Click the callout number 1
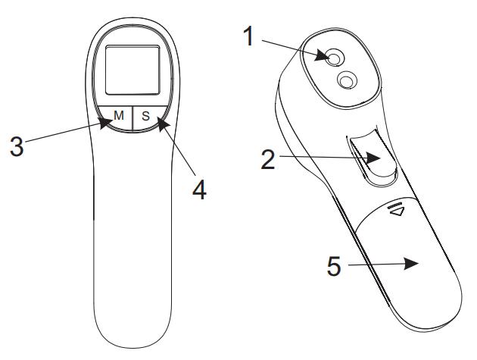coord(249,36)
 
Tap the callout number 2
coord(268,160)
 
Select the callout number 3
coord(17,146)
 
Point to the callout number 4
coord(200,189)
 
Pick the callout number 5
coord(334,266)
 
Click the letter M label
coord(119,115)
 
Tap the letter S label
coord(146,116)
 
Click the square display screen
coord(132,70)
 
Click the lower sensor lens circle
coord(347,80)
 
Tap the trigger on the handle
coord(373,158)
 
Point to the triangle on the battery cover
coord(397,211)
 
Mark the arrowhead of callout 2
coord(373,158)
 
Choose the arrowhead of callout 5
coord(412,264)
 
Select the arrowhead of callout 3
coord(106,124)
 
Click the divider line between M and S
coord(133,118)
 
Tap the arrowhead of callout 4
coord(163,124)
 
